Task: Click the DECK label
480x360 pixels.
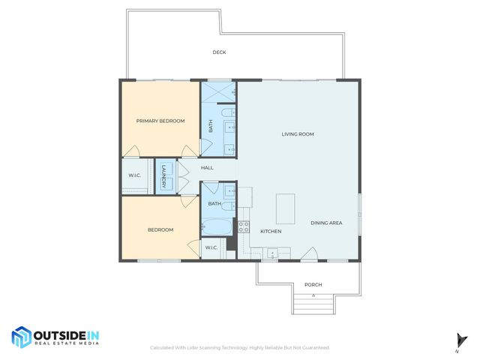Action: tap(219, 52)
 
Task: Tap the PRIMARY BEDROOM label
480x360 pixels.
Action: tap(160, 121)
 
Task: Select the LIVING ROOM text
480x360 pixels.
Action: tap(298, 134)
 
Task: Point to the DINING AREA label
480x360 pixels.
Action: tap(326, 223)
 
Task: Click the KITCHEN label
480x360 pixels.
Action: tap(271, 231)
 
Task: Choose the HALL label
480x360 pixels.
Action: tap(207, 167)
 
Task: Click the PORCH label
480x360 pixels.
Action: tap(313, 285)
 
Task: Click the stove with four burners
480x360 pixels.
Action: tap(244, 226)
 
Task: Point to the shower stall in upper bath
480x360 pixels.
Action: tap(218, 92)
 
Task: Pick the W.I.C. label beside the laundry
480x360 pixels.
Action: tap(135, 176)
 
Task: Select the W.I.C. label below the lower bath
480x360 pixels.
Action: tap(211, 247)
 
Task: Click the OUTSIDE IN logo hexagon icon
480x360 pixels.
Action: tap(21, 337)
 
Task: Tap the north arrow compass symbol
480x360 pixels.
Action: tap(457, 340)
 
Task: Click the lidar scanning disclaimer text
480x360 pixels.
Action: tap(240, 347)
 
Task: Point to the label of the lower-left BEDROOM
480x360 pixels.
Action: tap(160, 230)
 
